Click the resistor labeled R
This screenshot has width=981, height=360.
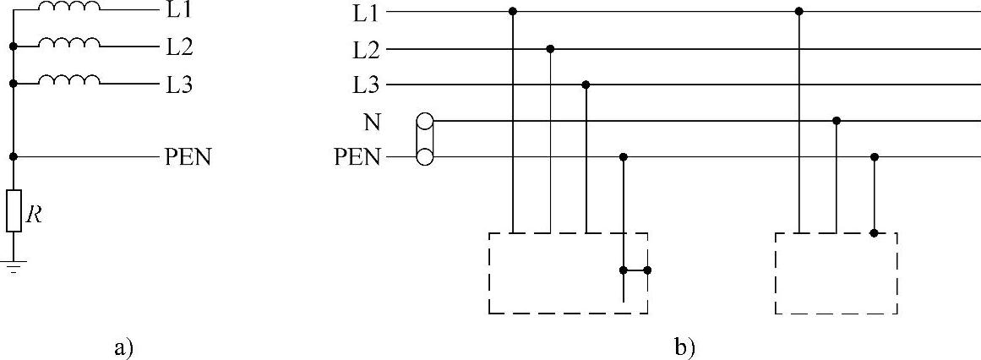coord(14,210)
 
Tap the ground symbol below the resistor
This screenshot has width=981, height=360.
coord(14,267)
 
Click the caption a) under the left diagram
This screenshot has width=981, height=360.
coord(123,346)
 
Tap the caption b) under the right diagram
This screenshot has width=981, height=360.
coord(685,346)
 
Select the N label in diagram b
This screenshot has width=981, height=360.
coord(371,122)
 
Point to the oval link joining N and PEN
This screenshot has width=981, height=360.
coord(425,139)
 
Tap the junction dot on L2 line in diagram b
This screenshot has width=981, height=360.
coord(550,49)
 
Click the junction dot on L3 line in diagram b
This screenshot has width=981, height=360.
coord(586,85)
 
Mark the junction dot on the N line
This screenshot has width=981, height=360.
coord(837,121)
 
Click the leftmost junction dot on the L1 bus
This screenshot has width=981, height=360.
coord(513,12)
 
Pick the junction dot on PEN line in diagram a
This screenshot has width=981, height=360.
coord(14,156)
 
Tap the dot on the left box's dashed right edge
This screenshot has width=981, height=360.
coord(648,270)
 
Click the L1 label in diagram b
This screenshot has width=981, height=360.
coord(368,13)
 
